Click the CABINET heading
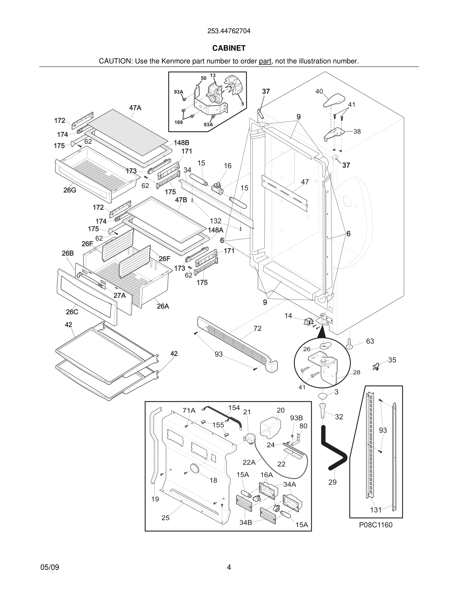coord(229,48)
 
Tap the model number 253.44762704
coord(229,31)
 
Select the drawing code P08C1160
coord(375,525)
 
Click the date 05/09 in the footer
coord(50,567)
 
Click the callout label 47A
coord(135,108)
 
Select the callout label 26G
coord(70,190)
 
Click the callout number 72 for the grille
coord(257,328)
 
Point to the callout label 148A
coord(216,230)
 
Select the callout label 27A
coord(119,296)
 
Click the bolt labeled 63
coord(349,343)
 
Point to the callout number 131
coord(376,510)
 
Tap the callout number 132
coord(216,221)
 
